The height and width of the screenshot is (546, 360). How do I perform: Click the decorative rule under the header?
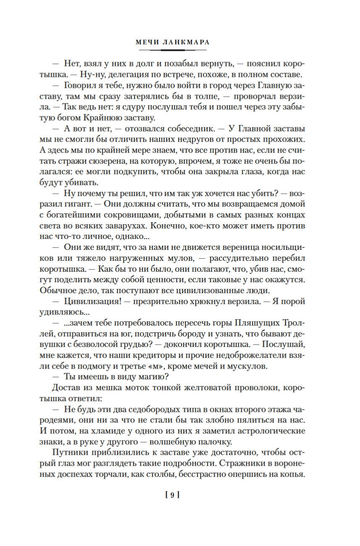click(173, 50)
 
